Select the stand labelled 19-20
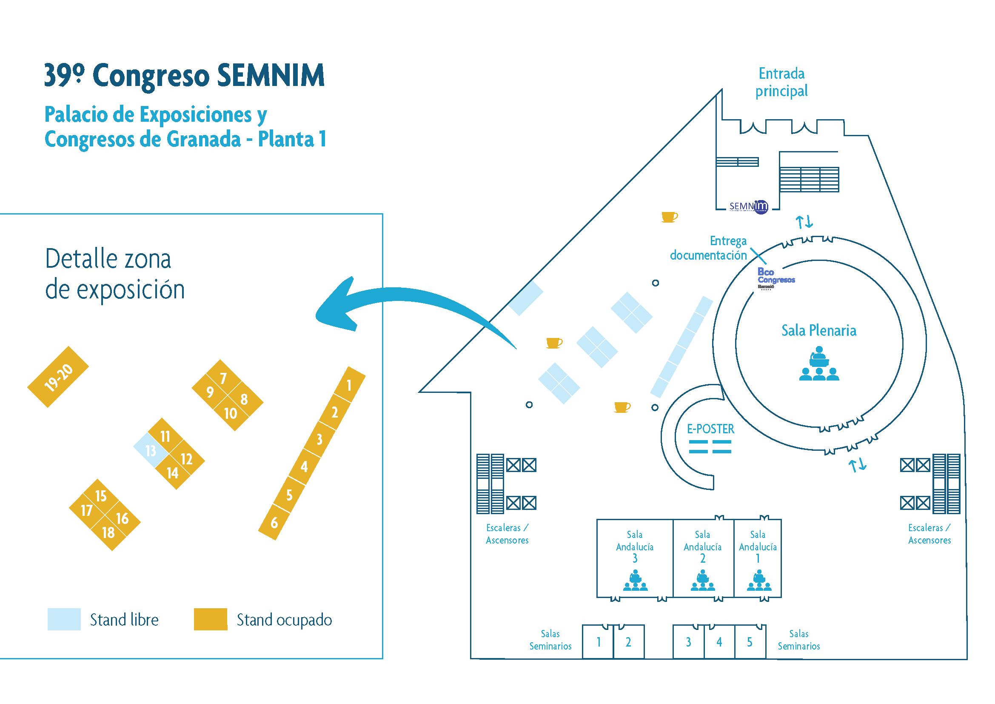(58, 377)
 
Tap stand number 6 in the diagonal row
(274, 522)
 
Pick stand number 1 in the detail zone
(349, 385)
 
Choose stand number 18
(108, 532)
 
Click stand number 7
(223, 378)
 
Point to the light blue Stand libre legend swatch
(64, 619)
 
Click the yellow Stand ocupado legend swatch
(211, 619)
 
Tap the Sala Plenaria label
(818, 330)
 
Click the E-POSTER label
(711, 429)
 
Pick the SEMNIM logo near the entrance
(748, 207)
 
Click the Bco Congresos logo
(776, 278)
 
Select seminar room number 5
(749, 642)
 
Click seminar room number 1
(599, 642)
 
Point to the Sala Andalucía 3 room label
(635, 546)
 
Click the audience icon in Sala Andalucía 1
(759, 581)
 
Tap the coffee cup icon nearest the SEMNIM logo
(669, 217)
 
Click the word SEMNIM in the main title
(271, 75)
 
